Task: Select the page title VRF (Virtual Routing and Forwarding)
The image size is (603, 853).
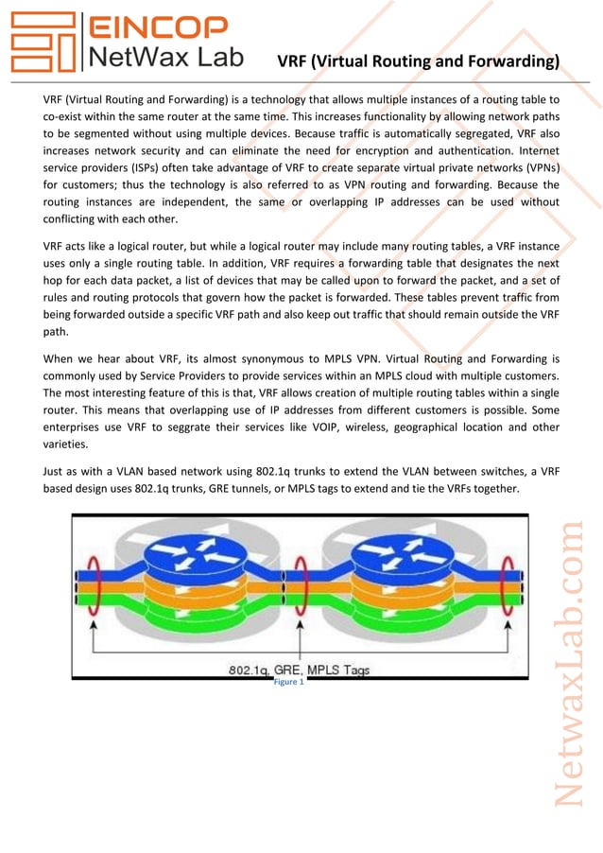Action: (418, 62)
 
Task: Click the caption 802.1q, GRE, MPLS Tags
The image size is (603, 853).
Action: (299, 670)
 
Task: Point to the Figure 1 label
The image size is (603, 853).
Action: (288, 682)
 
